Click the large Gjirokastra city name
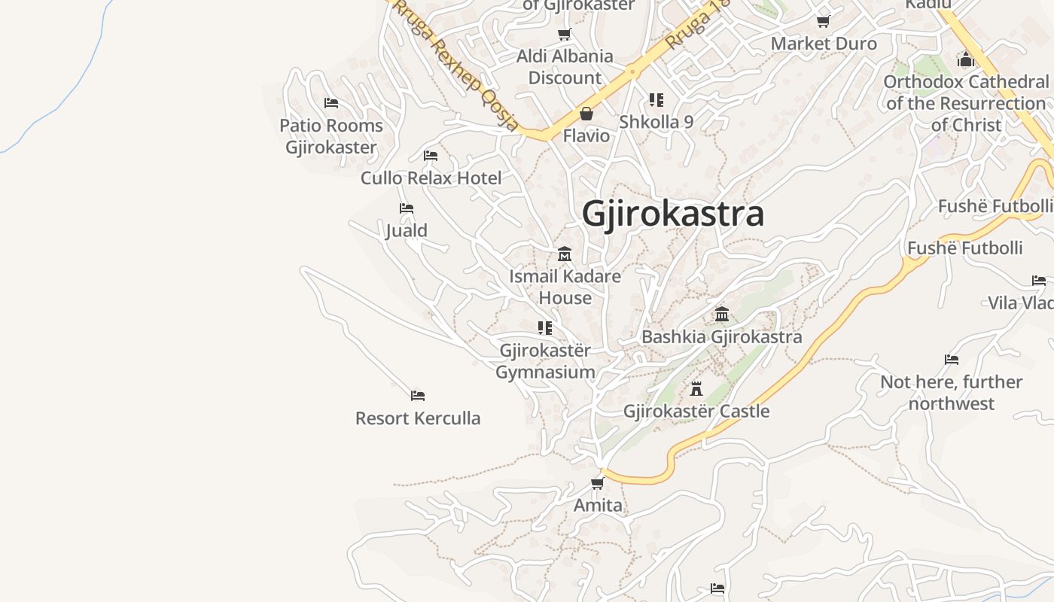point(673,214)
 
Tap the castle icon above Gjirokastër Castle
point(696,389)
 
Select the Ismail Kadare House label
point(565,287)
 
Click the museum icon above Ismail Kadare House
point(565,254)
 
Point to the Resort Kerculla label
point(418,418)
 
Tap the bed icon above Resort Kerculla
point(418,396)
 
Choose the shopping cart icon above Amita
point(598,483)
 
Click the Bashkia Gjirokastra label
point(721,336)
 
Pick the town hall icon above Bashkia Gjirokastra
point(722,314)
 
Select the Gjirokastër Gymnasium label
point(545,361)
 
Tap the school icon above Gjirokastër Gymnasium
point(545,328)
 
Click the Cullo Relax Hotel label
point(431,178)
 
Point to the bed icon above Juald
point(407,208)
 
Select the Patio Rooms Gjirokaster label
point(331,136)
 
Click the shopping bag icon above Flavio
point(586,114)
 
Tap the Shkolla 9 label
point(656,122)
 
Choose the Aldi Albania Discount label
point(565,67)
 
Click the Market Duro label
point(824,44)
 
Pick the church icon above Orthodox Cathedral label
point(966,59)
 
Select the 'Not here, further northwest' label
point(952,393)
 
